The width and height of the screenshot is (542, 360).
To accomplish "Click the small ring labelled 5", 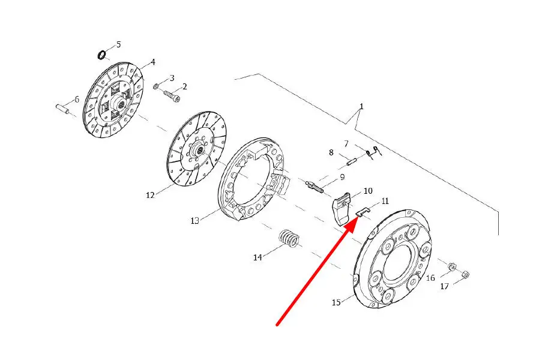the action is tap(101, 55).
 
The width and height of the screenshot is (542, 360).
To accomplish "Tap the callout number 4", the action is tap(153, 62).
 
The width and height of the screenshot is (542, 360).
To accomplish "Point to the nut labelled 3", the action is tap(156, 85).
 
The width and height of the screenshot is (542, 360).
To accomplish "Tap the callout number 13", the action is tap(194, 220).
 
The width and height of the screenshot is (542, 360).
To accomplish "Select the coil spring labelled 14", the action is tap(289, 238).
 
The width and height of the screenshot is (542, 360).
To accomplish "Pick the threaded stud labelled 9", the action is tap(315, 186).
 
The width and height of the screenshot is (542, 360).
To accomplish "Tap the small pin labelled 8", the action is tap(352, 161).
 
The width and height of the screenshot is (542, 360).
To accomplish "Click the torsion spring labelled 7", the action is tap(373, 152).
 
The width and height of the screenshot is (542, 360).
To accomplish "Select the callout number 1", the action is tap(361, 107).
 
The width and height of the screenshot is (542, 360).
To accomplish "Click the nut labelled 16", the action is tap(451, 267).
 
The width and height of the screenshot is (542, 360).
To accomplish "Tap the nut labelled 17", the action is tap(465, 275).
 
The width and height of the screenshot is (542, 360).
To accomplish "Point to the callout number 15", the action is tap(336, 302).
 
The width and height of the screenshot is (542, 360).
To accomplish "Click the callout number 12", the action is tap(150, 196).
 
